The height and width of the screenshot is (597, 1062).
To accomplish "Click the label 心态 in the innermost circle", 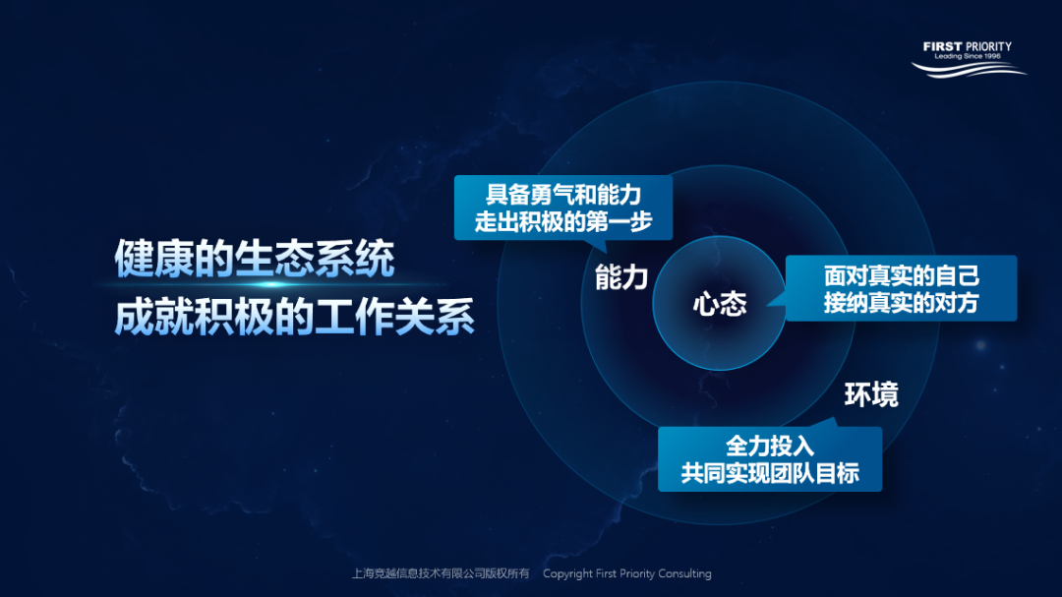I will point(719,304).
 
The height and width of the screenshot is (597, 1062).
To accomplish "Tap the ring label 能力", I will point(621,278).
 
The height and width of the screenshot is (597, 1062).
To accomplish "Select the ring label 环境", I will point(870,395).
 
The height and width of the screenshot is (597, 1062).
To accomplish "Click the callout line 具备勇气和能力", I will point(562,195).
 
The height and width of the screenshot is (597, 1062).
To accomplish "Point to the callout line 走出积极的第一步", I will point(562,221).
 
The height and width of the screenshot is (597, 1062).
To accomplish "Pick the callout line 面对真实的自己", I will point(901,275).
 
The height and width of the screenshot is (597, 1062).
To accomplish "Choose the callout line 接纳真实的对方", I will point(901,303).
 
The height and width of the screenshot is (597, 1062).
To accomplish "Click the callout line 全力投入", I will point(770,446).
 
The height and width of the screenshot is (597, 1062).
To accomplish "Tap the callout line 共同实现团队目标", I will point(770,473).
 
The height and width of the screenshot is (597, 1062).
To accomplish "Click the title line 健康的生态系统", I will point(255,260).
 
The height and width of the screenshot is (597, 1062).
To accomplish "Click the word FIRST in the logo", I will point(942,46).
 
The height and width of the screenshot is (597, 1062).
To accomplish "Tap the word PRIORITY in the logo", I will point(988,46).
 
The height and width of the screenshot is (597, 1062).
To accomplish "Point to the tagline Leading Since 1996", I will point(968,57).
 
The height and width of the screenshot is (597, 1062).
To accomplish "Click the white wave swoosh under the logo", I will point(969,69).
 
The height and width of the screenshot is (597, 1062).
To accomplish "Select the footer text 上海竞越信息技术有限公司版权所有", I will point(441,573).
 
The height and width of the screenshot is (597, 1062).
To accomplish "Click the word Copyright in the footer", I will point(567,573).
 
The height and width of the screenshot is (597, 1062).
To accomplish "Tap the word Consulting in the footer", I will point(684,573).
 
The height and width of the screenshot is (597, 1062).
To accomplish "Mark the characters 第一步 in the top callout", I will point(621,221).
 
